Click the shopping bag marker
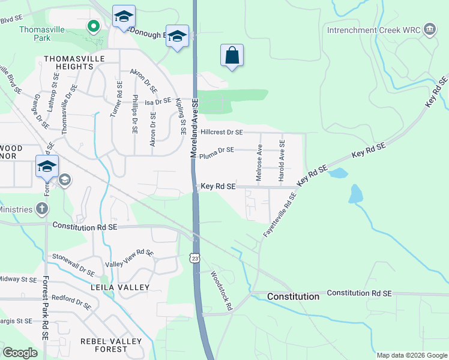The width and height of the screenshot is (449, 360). pyautogui.click(x=232, y=56)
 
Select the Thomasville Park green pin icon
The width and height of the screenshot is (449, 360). pyautogui.click(x=93, y=26)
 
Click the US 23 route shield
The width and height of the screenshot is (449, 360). pyautogui.click(x=196, y=258)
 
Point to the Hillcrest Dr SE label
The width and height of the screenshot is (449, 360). pyautogui.click(x=222, y=132)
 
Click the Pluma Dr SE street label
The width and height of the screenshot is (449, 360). pyautogui.click(x=217, y=150)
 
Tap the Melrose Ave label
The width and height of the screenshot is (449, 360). pyautogui.click(x=259, y=162)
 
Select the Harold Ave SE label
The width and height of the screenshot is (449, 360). pyautogui.click(x=282, y=160)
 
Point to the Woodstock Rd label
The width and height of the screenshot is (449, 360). pyautogui.click(x=221, y=290)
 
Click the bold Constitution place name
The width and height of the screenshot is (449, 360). pyautogui.click(x=293, y=296)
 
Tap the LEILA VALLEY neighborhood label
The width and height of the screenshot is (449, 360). pyautogui.click(x=119, y=287)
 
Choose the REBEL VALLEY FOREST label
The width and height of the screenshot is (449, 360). pyautogui.click(x=112, y=346)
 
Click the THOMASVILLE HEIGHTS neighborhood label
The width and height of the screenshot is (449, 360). pyautogui.click(x=74, y=63)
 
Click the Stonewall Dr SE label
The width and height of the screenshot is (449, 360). pyautogui.click(x=74, y=264)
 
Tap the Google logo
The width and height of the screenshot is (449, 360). pyautogui.click(x=20, y=352)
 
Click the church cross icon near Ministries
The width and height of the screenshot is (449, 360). pyautogui.click(x=41, y=208)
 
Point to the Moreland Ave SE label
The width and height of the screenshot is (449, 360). pyautogui.click(x=194, y=130)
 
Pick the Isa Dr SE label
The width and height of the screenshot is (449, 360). pyautogui.click(x=158, y=102)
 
